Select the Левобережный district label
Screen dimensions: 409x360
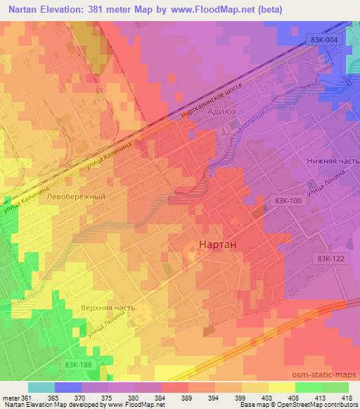click(75, 197)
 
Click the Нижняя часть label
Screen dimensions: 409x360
click(331, 160)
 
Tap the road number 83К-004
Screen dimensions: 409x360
click(328, 40)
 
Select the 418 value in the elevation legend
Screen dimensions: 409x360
click(347, 397)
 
